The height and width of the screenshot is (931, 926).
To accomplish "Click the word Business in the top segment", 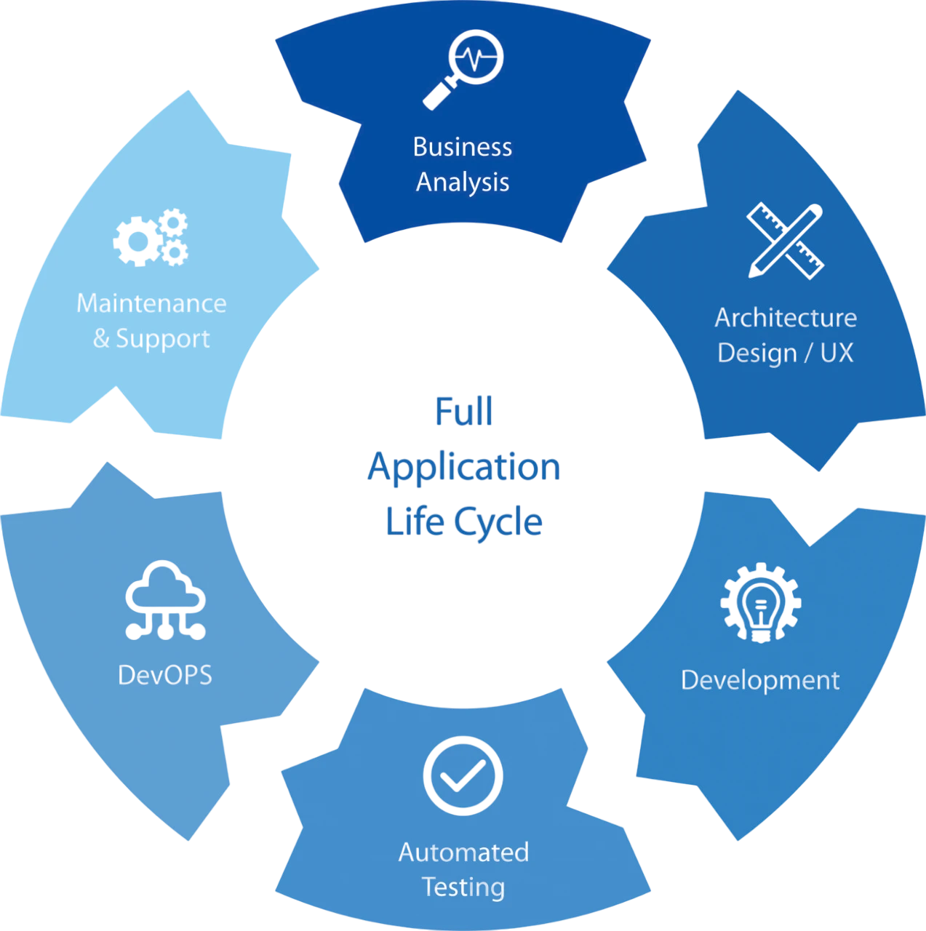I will click(x=462, y=147).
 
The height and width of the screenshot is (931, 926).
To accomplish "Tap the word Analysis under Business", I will click(x=462, y=182).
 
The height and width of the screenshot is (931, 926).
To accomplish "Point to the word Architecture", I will click(x=786, y=318).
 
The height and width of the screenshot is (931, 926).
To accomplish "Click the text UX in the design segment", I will click(x=837, y=353).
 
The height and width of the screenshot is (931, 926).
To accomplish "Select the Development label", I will click(x=760, y=680).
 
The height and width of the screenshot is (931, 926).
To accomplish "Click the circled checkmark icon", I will click(x=463, y=775).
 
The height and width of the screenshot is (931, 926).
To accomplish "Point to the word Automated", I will click(x=463, y=852).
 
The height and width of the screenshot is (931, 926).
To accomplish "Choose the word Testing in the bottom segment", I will click(x=463, y=887).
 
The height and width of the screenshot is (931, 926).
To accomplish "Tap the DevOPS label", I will click(x=165, y=675).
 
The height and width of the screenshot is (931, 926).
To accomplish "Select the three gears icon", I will click(x=153, y=237).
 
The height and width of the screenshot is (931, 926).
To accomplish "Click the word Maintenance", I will click(x=151, y=303).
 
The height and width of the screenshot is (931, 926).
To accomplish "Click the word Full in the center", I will click(x=463, y=412).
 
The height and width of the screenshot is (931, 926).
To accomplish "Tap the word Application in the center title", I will click(x=464, y=467).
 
